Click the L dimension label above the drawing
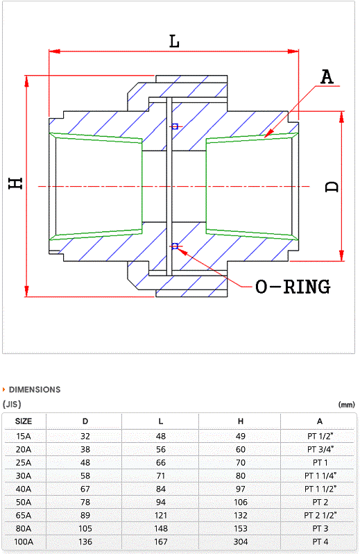(174, 42)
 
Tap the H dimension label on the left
(16, 183)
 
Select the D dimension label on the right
(332, 187)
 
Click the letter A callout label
(327, 76)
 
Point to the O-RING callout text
(293, 287)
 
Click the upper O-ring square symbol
(175, 126)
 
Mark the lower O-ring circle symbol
(175, 246)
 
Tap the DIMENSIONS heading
(35, 389)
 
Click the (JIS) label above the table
(12, 404)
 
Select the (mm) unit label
(347, 405)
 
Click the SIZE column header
(24, 421)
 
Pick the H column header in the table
(241, 421)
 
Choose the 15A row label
(24, 437)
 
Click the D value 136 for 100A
(85, 542)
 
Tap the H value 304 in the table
(241, 542)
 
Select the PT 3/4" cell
(320, 449)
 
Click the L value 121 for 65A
(161, 516)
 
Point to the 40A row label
(24, 489)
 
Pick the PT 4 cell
(320, 542)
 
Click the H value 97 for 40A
(241, 489)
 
